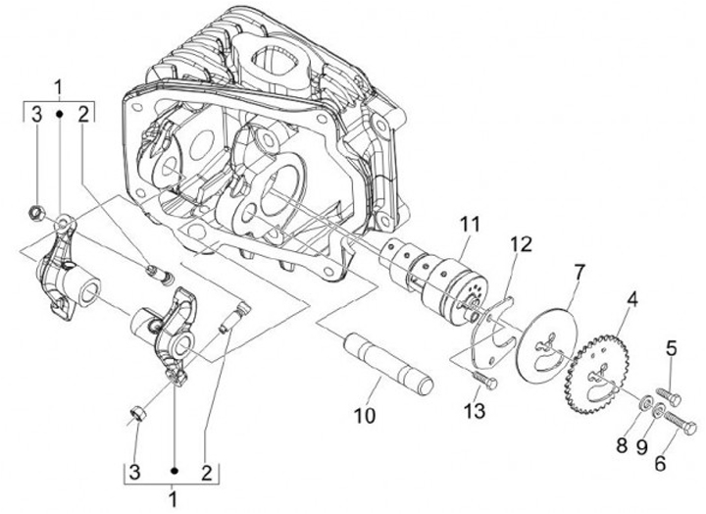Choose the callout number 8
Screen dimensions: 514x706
(620, 445)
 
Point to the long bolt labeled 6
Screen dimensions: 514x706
(677, 424)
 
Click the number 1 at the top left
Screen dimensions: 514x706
(59, 86)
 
